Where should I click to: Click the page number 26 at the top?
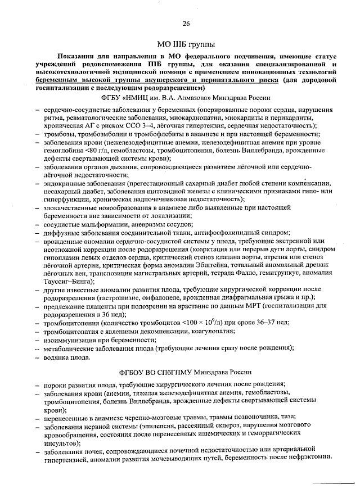[x=186, y=22]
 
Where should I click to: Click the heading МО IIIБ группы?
[x=186, y=44]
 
